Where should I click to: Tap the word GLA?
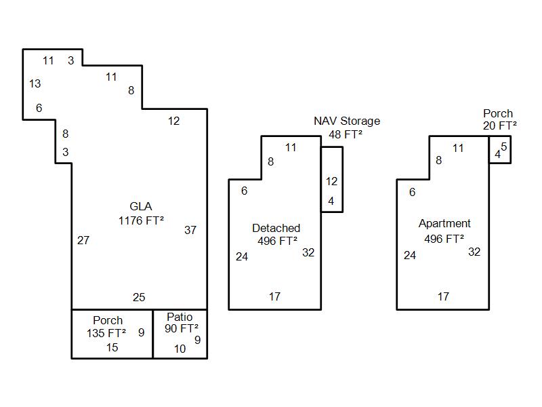click(141, 206)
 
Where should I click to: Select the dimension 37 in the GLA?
click(190, 230)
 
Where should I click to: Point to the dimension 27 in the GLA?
click(83, 240)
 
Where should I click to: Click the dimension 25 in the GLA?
click(139, 297)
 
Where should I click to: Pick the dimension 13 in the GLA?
click(35, 84)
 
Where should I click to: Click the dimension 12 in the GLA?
click(174, 121)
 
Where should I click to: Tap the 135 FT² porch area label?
click(106, 333)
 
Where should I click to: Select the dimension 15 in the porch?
click(112, 347)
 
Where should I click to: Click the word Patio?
click(180, 317)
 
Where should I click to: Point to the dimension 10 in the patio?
click(180, 349)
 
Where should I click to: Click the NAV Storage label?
click(346, 121)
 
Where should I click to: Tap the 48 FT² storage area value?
click(346, 134)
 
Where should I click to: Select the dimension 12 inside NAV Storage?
click(331, 181)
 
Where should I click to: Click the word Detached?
click(276, 228)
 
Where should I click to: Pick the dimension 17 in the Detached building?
click(274, 296)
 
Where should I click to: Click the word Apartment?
click(444, 224)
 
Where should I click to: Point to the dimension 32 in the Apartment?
click(474, 252)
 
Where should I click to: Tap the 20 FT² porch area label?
click(500, 125)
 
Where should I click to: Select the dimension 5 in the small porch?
click(504, 147)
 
